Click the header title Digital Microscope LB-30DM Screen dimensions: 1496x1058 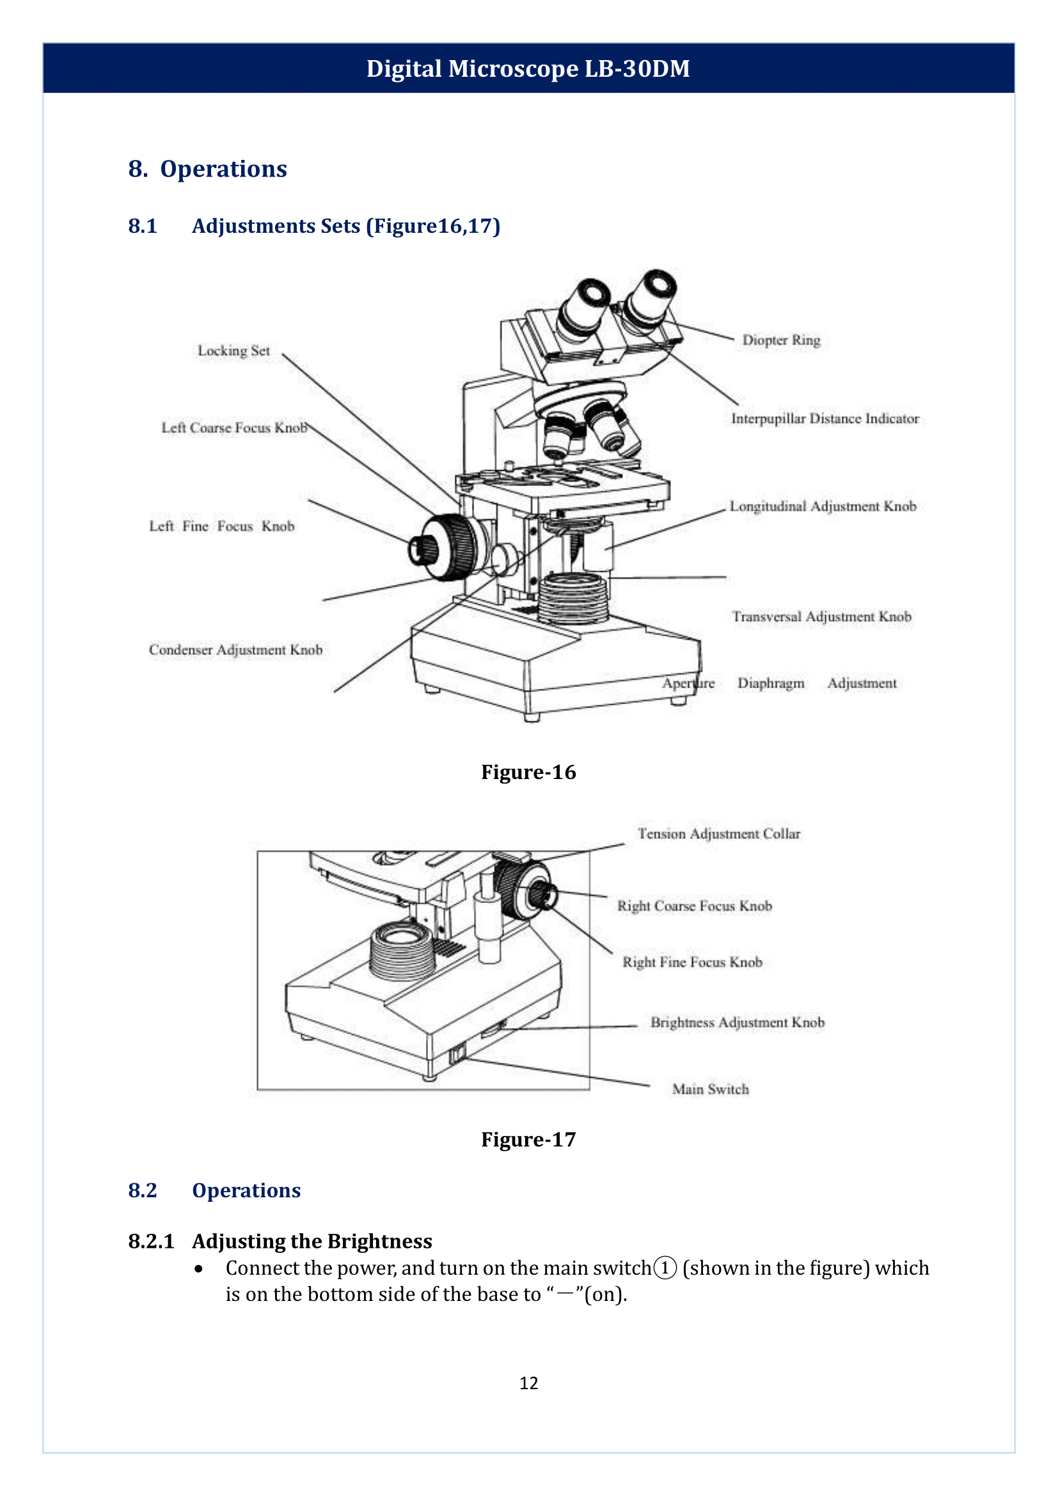click(x=528, y=68)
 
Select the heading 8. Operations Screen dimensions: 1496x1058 click(x=207, y=169)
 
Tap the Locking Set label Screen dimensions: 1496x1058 click(x=233, y=350)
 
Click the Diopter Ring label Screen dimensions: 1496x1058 click(x=780, y=340)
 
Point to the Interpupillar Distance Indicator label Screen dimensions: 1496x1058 click(x=824, y=418)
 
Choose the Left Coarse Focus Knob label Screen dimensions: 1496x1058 click(x=234, y=428)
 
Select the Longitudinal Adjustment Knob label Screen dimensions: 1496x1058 click(x=822, y=507)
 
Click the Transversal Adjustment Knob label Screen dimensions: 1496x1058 click(x=821, y=617)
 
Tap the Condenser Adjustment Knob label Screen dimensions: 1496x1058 click(x=235, y=650)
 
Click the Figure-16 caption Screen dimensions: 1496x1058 click(x=528, y=772)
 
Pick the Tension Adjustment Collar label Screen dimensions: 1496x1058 click(x=718, y=834)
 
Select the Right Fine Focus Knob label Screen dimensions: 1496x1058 click(x=692, y=963)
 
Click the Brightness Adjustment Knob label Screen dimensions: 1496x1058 click(x=737, y=1022)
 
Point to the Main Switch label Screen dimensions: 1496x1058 click(x=710, y=1089)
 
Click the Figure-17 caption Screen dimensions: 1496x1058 click(x=528, y=1140)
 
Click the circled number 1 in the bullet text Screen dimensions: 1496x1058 click(x=665, y=1268)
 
